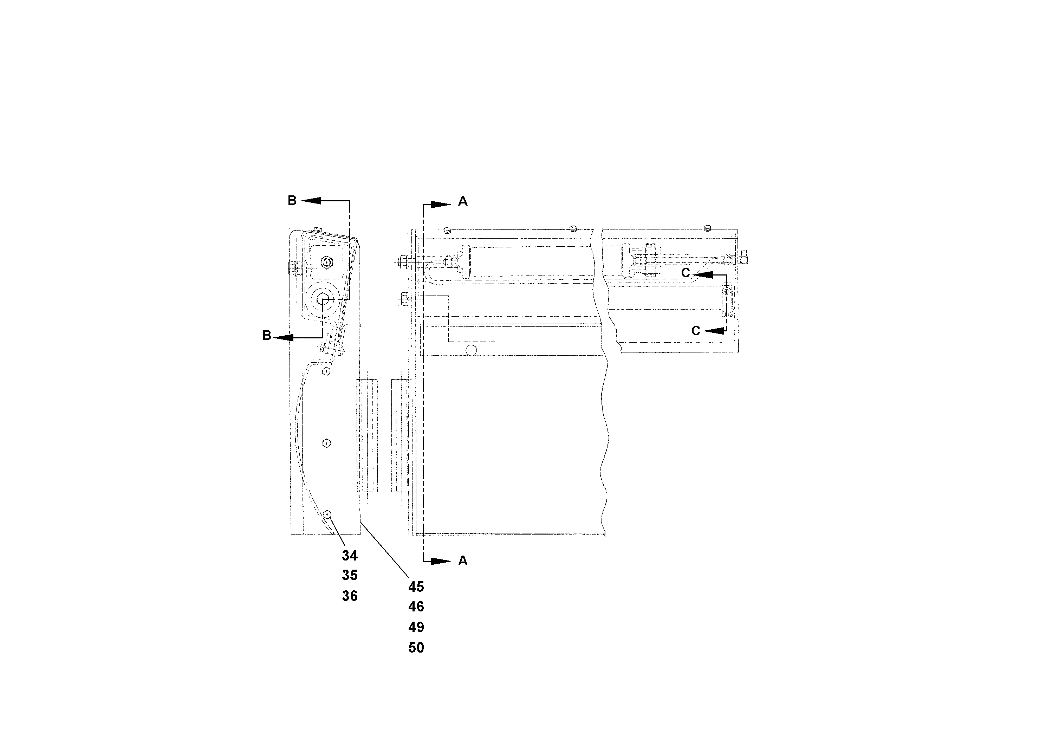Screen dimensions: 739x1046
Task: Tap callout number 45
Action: (x=416, y=587)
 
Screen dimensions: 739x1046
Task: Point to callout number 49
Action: (x=416, y=627)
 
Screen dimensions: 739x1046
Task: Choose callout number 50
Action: (x=416, y=648)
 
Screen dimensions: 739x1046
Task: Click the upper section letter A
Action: (x=462, y=201)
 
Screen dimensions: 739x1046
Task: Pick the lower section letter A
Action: (x=462, y=561)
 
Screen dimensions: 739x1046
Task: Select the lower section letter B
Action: (x=267, y=336)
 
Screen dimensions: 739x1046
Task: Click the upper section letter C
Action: (x=686, y=273)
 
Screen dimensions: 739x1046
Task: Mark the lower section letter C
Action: (x=695, y=331)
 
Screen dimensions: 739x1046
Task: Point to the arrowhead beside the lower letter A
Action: (x=441, y=561)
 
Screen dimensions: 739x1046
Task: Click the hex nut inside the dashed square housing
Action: (x=326, y=262)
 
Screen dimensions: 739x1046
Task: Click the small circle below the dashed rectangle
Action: (x=472, y=350)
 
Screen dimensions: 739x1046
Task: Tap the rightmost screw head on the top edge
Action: (x=708, y=227)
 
